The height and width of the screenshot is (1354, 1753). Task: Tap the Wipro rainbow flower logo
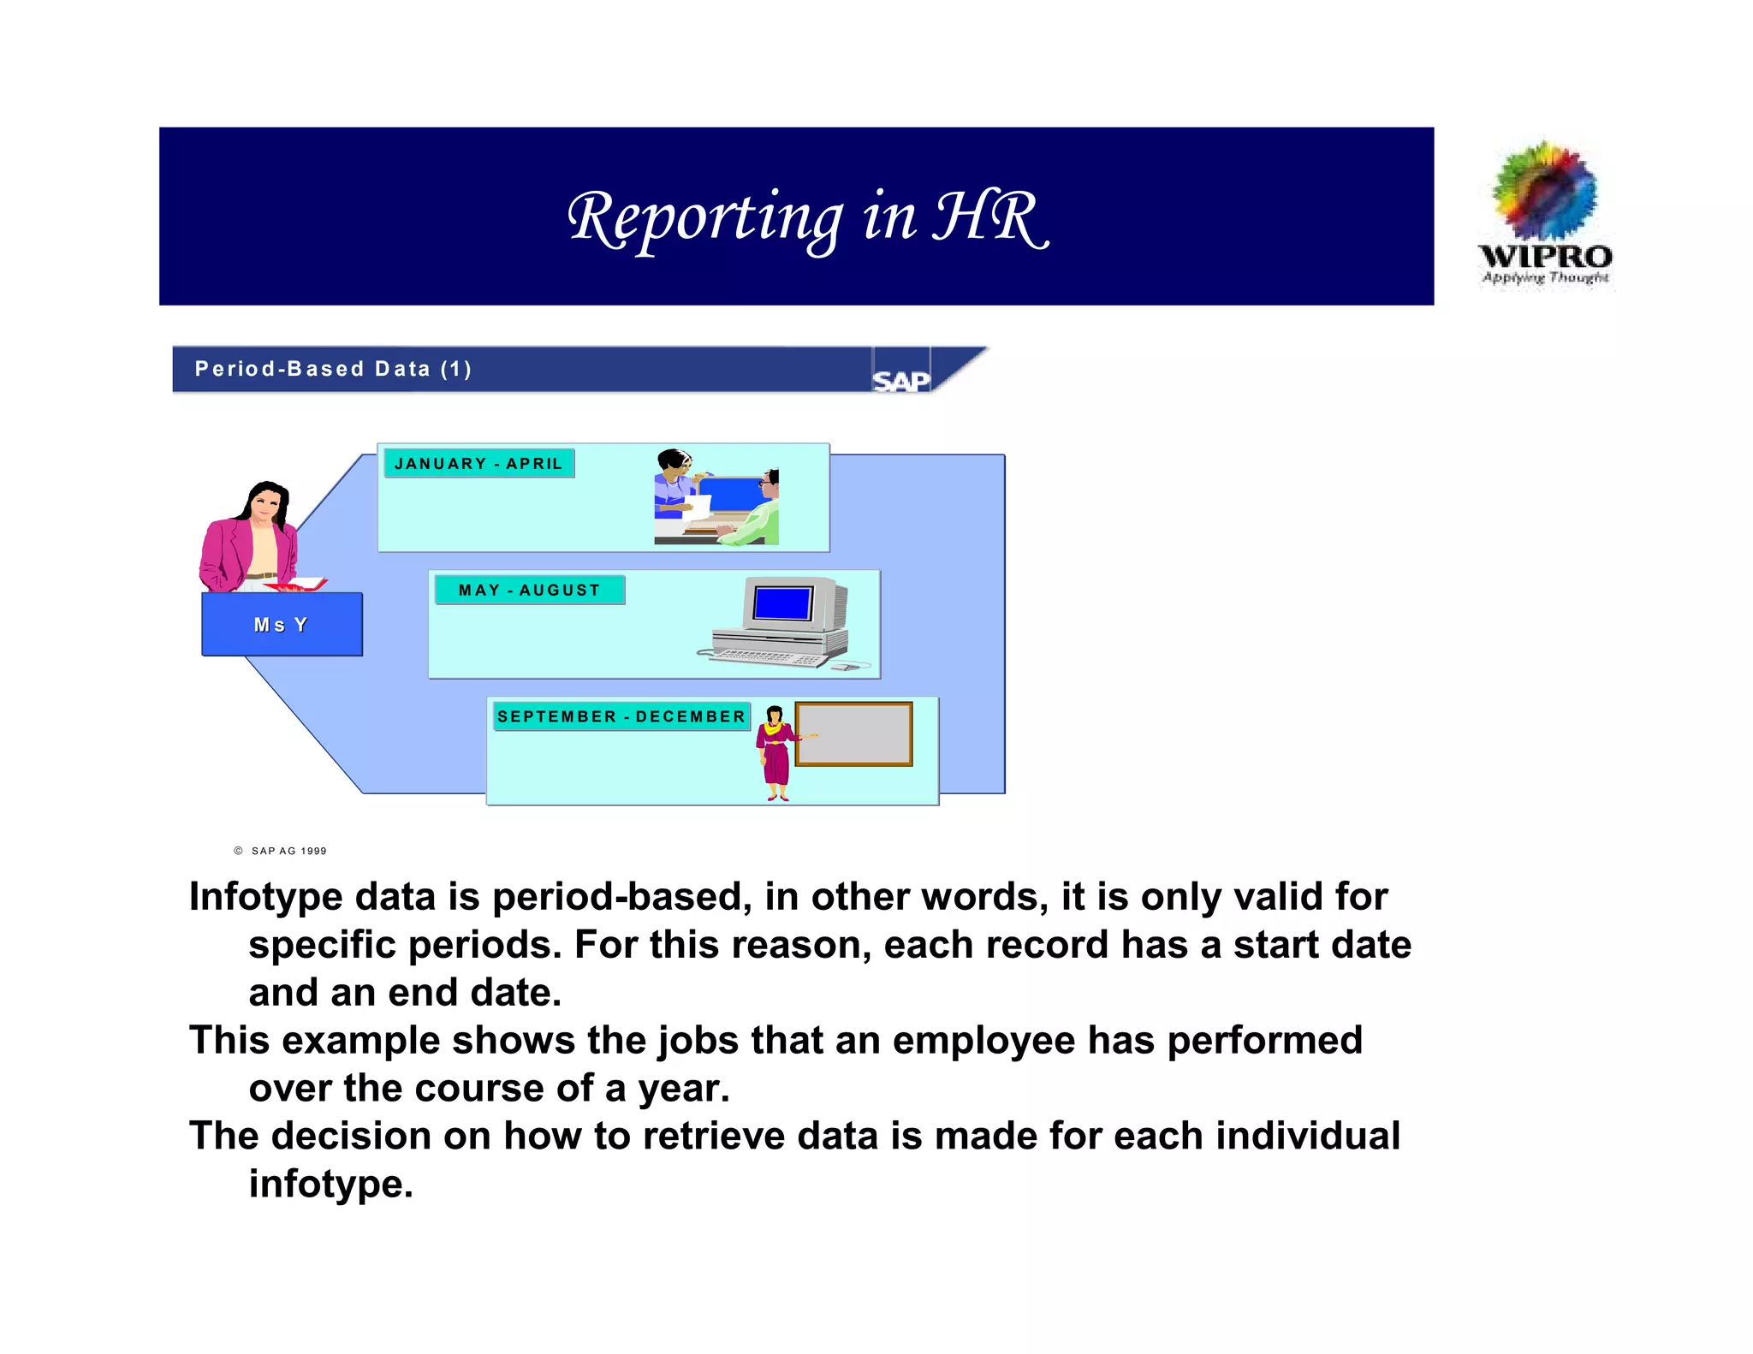pos(1544,191)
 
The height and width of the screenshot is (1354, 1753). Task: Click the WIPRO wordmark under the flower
pos(1545,256)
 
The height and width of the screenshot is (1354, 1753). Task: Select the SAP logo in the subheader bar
pos(900,380)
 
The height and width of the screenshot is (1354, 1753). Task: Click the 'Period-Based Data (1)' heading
pos(333,369)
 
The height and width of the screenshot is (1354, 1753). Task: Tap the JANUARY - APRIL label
pos(478,464)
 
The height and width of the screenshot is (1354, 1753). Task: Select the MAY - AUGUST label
pos(530,591)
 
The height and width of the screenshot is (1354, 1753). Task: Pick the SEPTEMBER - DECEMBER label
pos(621,717)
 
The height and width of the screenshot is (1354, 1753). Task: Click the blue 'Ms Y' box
pos(282,625)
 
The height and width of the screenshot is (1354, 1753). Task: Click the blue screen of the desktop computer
pos(782,604)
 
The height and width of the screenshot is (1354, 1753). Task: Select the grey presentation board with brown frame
pos(853,734)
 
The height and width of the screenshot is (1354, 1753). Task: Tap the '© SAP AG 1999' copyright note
pos(281,851)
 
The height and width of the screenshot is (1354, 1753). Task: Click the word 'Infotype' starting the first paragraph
pos(265,897)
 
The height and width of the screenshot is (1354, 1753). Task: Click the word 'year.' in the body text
pos(683,1089)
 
